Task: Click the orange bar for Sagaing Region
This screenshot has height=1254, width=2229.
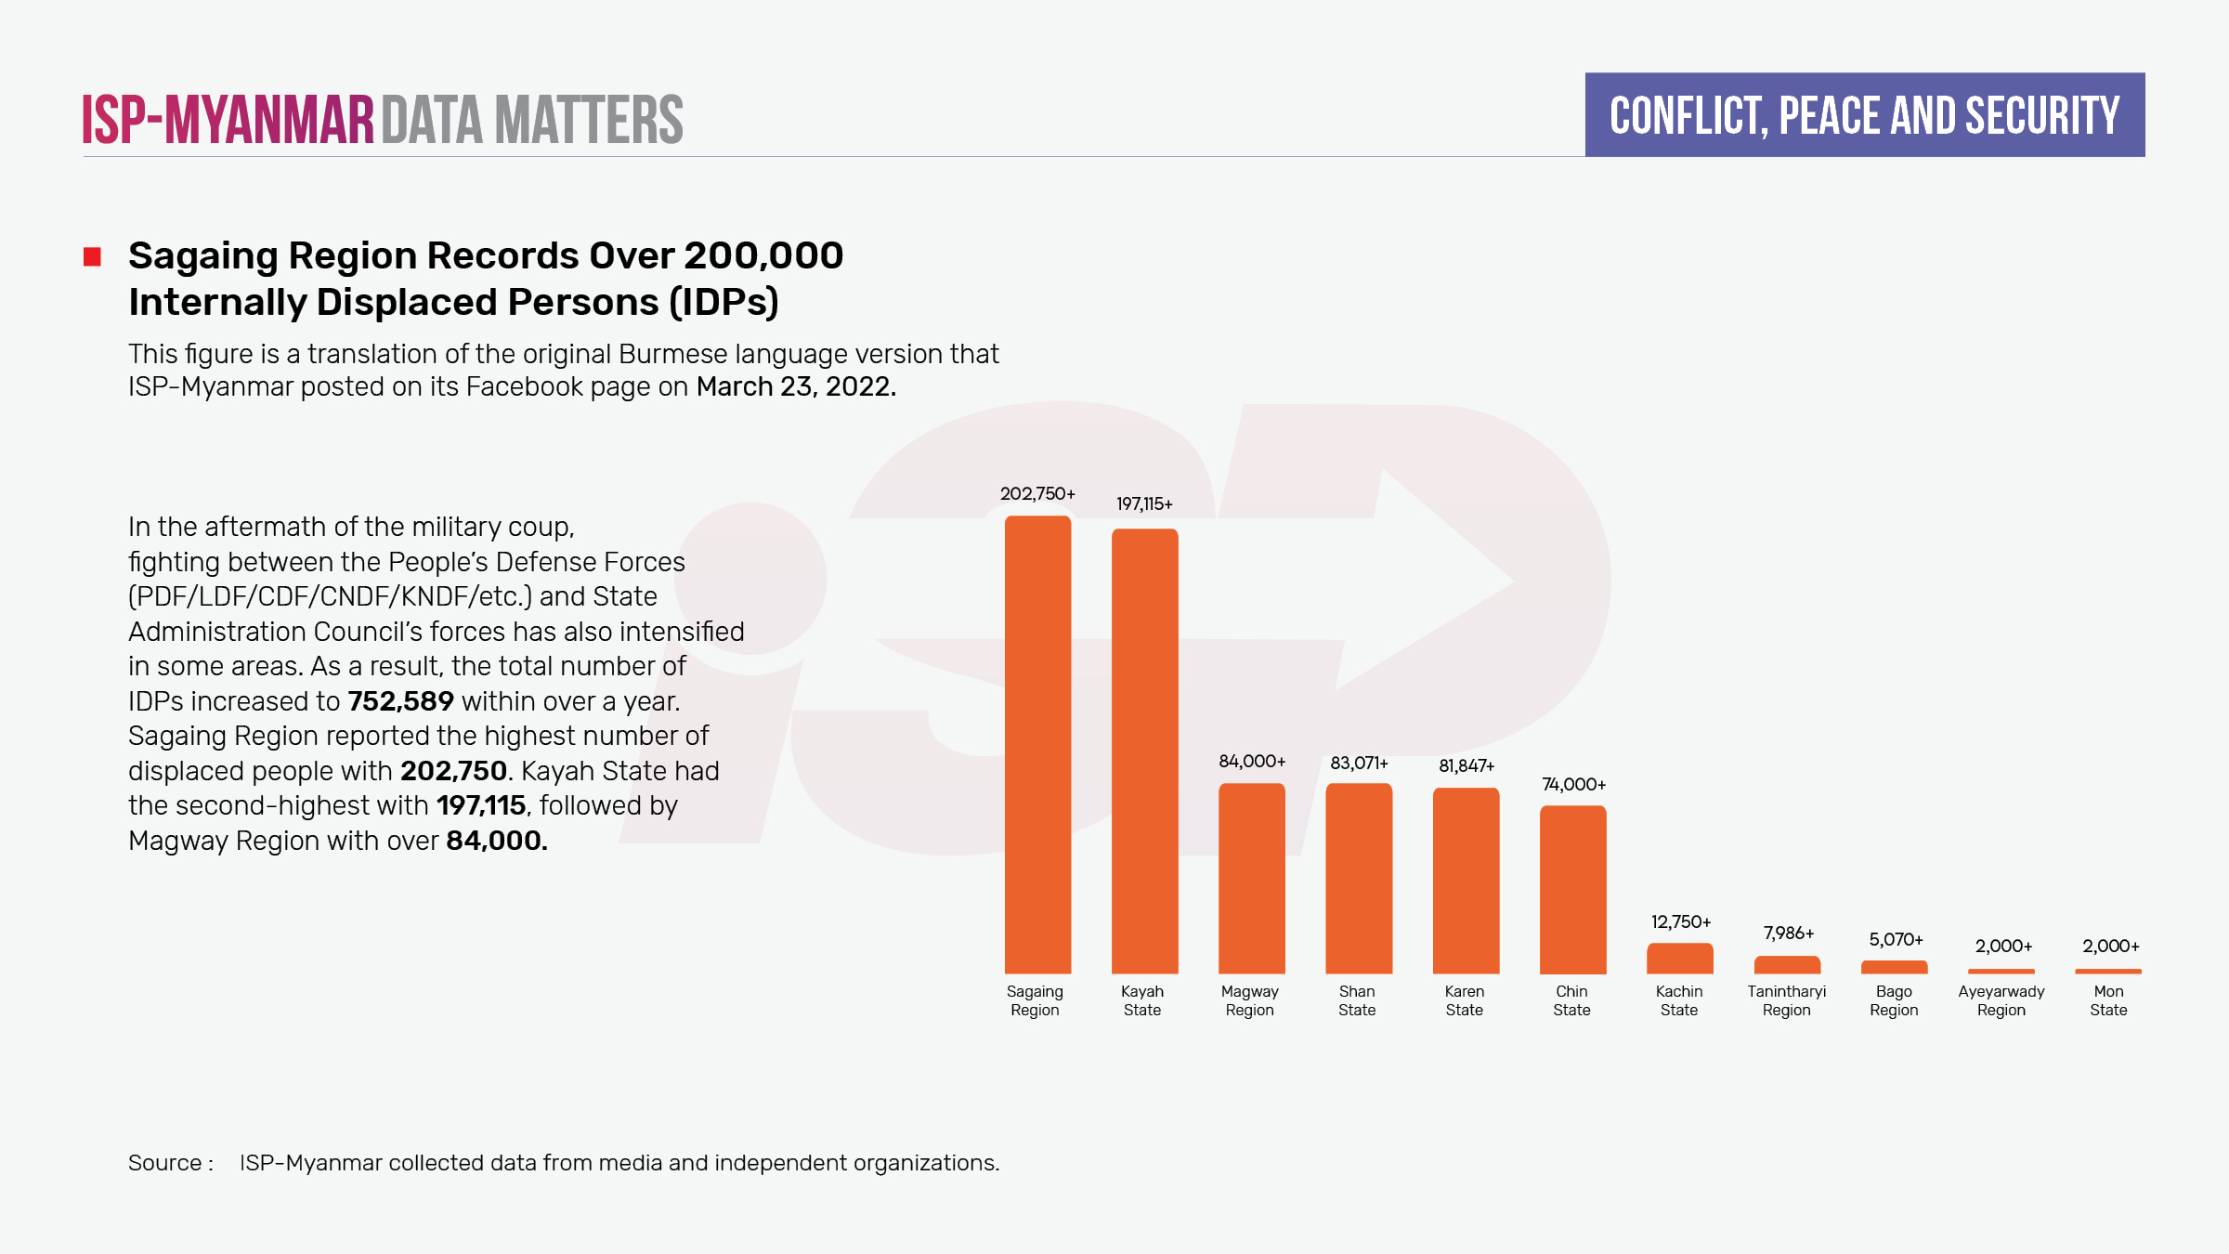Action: pyautogui.click(x=1037, y=743)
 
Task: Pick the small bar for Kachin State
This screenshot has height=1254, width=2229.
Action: pyautogui.click(x=1679, y=958)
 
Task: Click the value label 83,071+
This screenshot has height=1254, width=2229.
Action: pyautogui.click(x=1359, y=764)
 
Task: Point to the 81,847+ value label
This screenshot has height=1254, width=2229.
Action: pyautogui.click(x=1466, y=766)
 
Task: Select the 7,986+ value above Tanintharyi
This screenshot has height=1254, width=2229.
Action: pyautogui.click(x=1789, y=934)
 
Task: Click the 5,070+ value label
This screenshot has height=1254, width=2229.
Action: pyautogui.click(x=1896, y=940)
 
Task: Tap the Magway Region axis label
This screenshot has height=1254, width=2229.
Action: pyautogui.click(x=1249, y=1000)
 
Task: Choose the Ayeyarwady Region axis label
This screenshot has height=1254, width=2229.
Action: pyautogui.click(x=2001, y=1000)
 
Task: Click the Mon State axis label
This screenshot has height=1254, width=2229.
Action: pyautogui.click(x=2108, y=1000)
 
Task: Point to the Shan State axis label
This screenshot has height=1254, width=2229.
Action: pyautogui.click(x=1357, y=1000)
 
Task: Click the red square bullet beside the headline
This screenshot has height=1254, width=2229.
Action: pyautogui.click(x=92, y=256)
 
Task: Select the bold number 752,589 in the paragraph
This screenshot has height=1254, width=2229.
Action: pyautogui.click(x=400, y=701)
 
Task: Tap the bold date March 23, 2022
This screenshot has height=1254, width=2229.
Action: pyautogui.click(x=796, y=386)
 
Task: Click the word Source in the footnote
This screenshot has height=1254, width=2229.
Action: pyautogui.click(x=165, y=1163)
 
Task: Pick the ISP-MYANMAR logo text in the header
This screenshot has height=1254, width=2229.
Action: pyautogui.click(x=228, y=120)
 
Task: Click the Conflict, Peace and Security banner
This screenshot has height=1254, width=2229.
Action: pyautogui.click(x=1864, y=115)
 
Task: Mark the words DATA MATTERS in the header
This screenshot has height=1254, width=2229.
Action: pyautogui.click(x=531, y=120)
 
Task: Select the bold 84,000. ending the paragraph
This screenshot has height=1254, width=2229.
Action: pyautogui.click(x=497, y=841)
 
